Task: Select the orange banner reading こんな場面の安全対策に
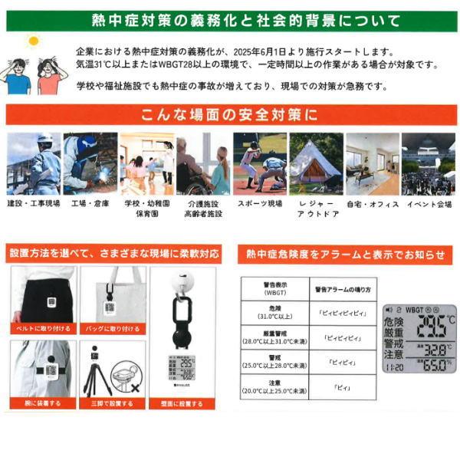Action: point(230,116)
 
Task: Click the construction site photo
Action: point(34,163)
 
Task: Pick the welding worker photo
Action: point(90,163)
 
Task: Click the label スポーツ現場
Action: point(260,205)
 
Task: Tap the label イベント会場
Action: point(428,205)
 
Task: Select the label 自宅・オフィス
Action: point(373,205)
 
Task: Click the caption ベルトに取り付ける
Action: point(43,327)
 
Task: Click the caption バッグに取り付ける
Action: point(113,327)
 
